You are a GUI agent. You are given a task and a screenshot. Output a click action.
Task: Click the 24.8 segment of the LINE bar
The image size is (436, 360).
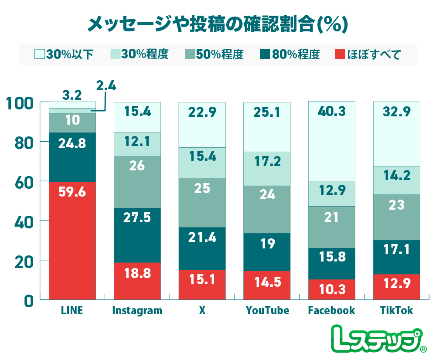coord(72,157)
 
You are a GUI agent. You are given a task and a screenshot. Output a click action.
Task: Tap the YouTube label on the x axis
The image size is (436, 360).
coord(267,311)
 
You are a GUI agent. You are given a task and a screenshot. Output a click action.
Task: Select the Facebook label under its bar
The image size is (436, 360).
coord(331,311)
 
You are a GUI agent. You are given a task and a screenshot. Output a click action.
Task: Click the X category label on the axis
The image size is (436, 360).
coord(202,311)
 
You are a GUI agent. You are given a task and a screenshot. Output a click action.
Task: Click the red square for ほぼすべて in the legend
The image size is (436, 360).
coord(340,54)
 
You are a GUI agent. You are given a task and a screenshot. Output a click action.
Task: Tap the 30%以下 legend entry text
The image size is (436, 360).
coord(70,54)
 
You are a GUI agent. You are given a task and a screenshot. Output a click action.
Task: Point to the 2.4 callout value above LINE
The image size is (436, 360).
coord(106,86)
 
